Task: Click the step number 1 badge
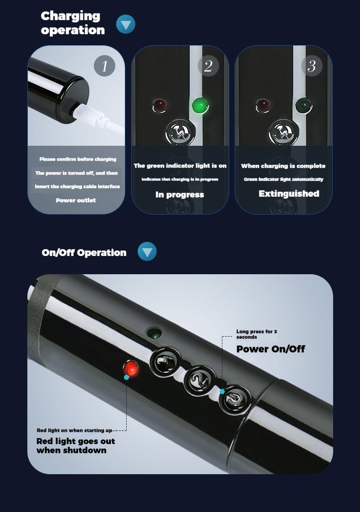coord(104,66)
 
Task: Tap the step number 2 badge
coord(208,66)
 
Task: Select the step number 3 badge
coord(312,66)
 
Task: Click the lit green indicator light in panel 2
coord(200,106)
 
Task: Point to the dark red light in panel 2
coord(159,105)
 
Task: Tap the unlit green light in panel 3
coord(304,105)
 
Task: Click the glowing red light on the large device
coord(131,369)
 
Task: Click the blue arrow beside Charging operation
coord(126,24)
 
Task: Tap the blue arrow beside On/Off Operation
coord(147,251)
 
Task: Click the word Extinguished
coord(289,194)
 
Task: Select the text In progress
coord(180,195)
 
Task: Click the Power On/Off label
coord(271,349)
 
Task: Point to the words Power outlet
coord(76,200)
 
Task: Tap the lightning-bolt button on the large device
coord(165,362)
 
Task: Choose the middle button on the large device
coord(200,380)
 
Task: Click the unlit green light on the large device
coord(154,333)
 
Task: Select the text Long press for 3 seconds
coord(257,334)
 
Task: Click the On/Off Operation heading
coord(84,252)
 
